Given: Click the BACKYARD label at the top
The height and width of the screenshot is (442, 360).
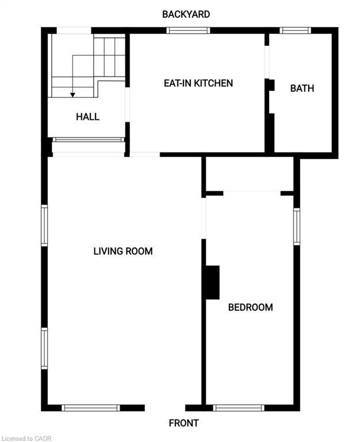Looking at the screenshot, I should (186, 14).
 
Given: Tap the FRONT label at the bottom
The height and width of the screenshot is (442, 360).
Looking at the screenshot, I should (183, 423).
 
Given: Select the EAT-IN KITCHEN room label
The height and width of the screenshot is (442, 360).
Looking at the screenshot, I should (198, 83).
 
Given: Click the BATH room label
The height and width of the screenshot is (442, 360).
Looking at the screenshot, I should (302, 88).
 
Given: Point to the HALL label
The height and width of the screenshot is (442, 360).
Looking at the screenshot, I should (87, 117).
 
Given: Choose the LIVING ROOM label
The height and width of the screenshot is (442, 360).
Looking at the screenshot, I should (123, 251).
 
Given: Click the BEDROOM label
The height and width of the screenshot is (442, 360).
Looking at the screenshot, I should (250, 307).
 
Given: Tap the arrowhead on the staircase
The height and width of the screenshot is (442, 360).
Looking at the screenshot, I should (72, 94).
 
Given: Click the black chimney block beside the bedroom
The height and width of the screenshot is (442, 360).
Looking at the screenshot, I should (212, 282).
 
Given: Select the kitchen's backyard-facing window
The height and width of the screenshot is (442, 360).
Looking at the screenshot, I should (188, 31).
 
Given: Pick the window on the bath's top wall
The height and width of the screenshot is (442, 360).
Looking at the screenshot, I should (295, 31).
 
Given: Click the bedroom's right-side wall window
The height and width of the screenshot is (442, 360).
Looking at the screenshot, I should (297, 226).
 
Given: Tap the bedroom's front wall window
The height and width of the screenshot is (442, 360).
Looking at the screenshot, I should (238, 407).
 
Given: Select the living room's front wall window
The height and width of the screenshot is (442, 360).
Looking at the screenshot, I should (91, 407).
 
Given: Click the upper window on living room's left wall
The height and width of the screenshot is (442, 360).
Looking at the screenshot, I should (44, 226).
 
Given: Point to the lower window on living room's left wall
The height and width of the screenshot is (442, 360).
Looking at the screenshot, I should (44, 348).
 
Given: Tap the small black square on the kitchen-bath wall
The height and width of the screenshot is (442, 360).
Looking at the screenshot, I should (270, 85).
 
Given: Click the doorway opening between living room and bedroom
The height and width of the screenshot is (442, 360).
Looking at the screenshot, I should (204, 218).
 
